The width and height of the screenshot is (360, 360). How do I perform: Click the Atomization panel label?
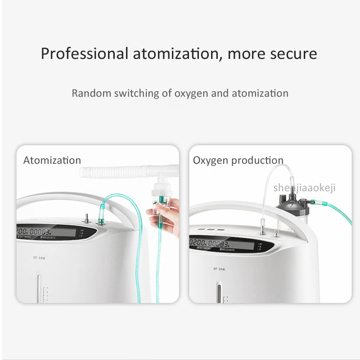(52, 160)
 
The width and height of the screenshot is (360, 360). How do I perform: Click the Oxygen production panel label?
(238, 160)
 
